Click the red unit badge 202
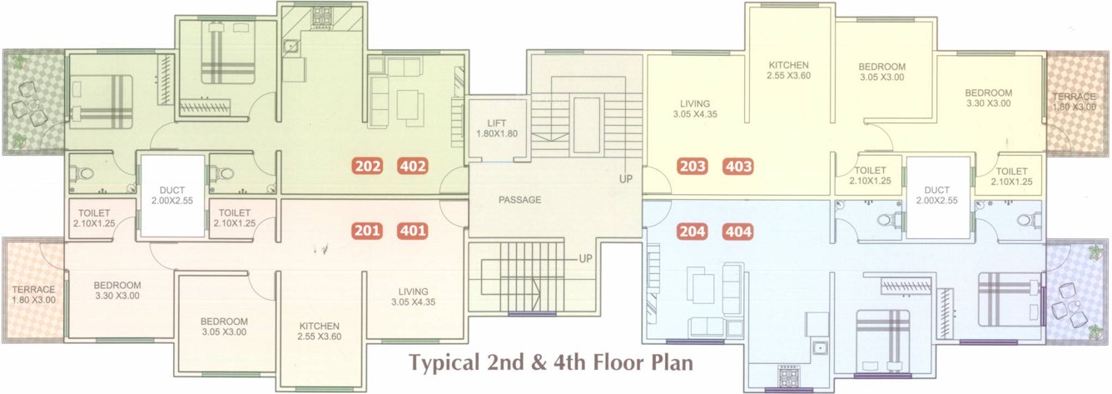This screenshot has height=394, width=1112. [367, 166]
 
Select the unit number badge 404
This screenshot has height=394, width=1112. [738, 232]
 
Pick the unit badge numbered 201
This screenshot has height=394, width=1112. [367, 231]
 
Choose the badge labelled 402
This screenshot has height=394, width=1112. [413, 166]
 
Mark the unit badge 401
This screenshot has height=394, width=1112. [413, 231]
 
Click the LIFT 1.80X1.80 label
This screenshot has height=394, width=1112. [497, 128]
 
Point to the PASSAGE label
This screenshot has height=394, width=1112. [520, 200]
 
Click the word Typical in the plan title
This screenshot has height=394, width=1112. [441, 363]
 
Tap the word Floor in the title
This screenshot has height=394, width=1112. [605, 363]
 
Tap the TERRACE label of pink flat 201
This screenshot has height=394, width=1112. [33, 295]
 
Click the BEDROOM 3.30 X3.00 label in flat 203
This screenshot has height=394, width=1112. [988, 97]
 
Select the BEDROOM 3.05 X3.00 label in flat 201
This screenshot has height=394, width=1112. [224, 326]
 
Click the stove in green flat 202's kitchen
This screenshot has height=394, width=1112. [321, 14]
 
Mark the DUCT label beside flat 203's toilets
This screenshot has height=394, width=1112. [936, 195]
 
